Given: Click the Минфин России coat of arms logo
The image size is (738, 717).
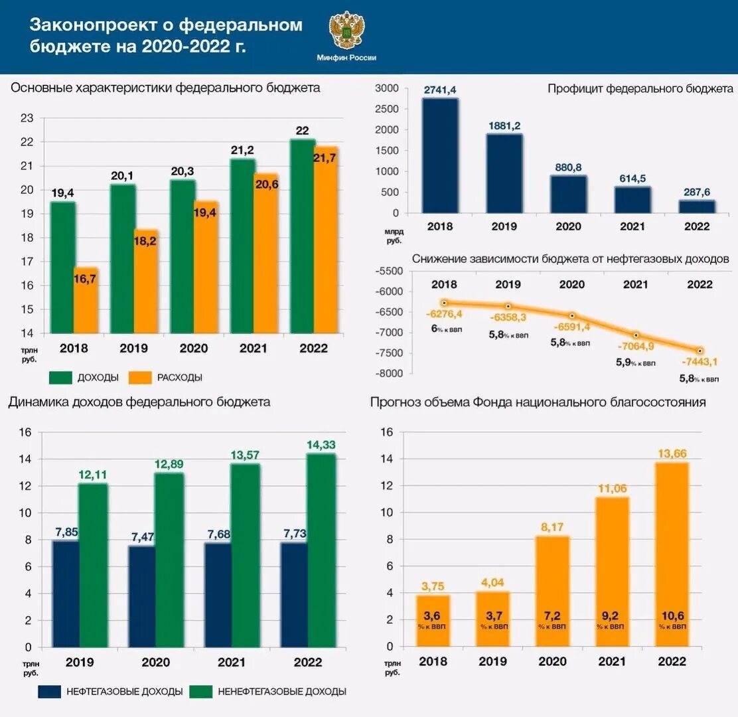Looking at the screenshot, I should tap(346, 31).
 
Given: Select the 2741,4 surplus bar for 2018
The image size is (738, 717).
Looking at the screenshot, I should tap(440, 155).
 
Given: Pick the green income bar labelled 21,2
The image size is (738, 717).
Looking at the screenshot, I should tap(242, 246).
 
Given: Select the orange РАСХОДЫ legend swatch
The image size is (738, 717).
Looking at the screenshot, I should tap(140, 377).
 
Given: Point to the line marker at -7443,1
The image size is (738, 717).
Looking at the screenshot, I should tap(700, 351).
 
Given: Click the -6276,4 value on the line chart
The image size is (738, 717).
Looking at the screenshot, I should tap(444, 314).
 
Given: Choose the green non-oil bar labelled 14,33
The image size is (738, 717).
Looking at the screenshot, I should tap(322, 550).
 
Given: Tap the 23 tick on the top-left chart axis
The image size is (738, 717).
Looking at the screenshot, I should tap(27, 118).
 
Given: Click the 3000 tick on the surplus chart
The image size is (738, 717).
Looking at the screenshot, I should tap(387, 88).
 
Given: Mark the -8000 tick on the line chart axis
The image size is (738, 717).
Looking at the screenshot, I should tap(389, 374).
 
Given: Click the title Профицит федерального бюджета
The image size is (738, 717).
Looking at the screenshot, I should tap(640, 88).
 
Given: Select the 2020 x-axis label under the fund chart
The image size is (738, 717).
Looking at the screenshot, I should tap(552, 661).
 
